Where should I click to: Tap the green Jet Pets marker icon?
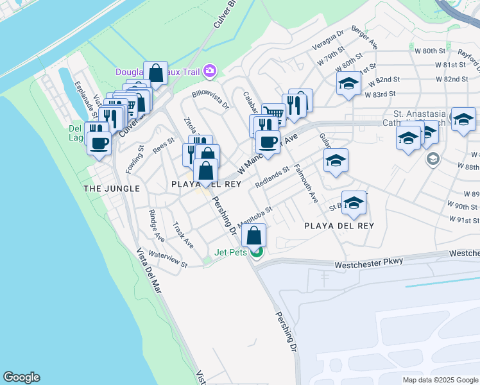click(x=256, y=252)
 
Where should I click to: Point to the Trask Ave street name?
click(x=183, y=235)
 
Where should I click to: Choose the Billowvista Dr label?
click(x=210, y=101)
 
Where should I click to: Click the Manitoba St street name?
click(x=255, y=217)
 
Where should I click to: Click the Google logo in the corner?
click(x=21, y=377)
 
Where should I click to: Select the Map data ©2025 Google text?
click(x=440, y=380)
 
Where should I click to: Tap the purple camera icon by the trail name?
click(x=209, y=71)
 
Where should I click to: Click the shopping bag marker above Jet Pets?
click(x=255, y=235)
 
